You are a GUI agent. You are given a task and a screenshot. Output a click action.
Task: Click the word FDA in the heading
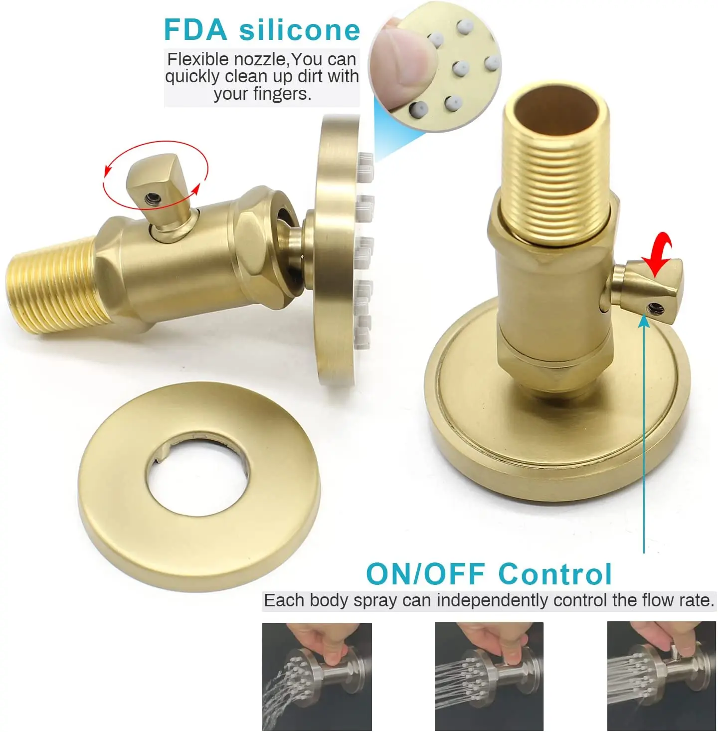point(195,29)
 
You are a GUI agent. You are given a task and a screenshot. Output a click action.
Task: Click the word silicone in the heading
point(300,29)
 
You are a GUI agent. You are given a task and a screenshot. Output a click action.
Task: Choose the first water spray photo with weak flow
point(317,676)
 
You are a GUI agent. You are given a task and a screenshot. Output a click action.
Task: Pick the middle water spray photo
point(489,676)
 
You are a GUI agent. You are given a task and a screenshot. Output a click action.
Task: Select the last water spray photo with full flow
point(661,676)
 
